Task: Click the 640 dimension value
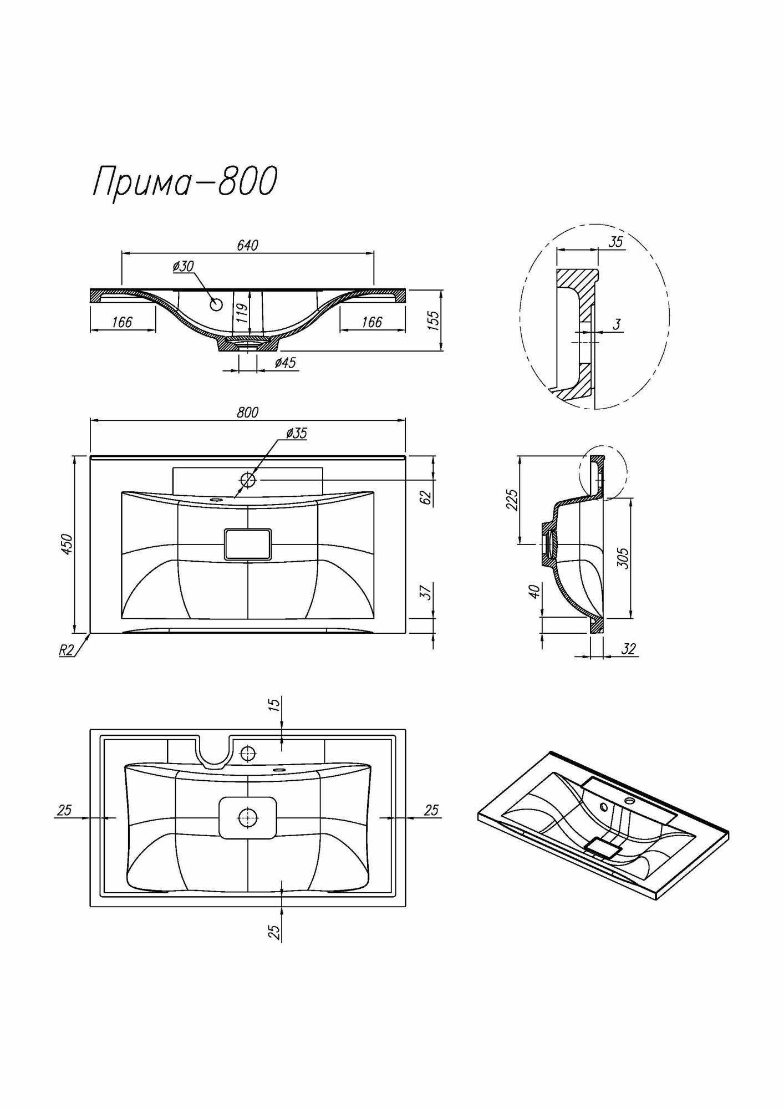247,245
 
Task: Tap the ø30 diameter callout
182,267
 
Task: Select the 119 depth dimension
241,313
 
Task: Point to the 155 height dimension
434,321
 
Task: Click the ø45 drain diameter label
286,363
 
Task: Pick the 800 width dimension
247,413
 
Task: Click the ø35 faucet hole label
297,434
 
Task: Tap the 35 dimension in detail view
615,242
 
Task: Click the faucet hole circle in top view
248,479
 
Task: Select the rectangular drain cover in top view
248,543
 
